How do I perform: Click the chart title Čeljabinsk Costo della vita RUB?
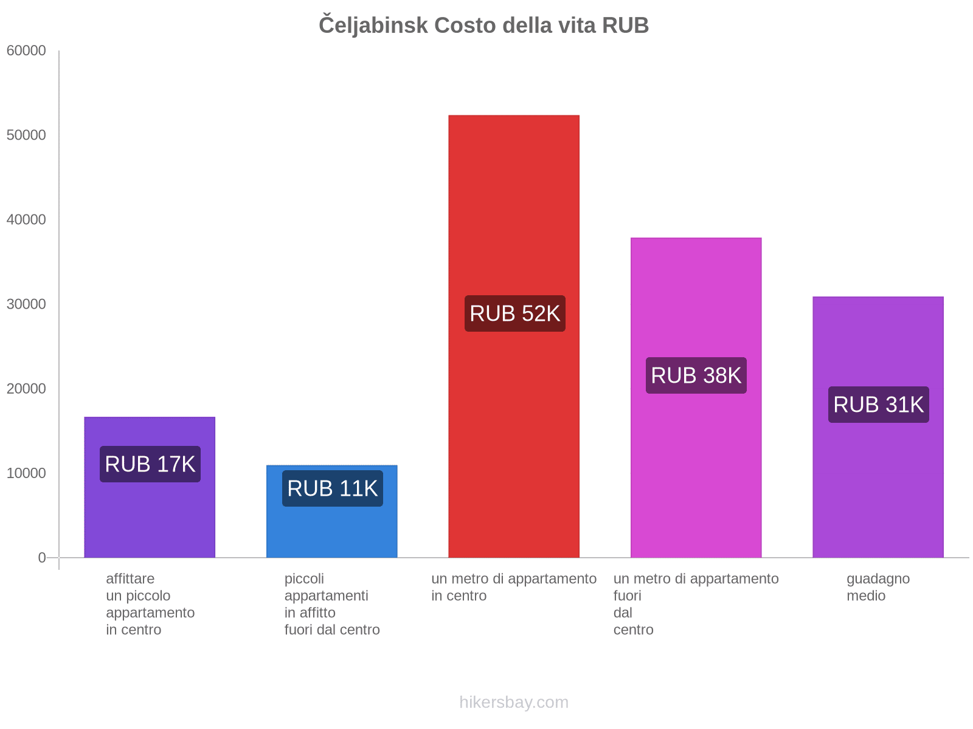pos(483,26)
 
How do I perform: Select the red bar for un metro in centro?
pos(514,213)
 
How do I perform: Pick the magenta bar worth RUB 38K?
pos(696,292)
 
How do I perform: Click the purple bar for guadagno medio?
pos(878,340)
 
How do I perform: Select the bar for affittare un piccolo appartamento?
pos(150,516)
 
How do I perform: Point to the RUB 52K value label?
pos(515,313)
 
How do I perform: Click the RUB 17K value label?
pos(150,464)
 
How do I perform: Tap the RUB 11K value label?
pos(333,488)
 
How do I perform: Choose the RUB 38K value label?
pos(696,375)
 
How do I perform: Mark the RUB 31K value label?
pos(879,405)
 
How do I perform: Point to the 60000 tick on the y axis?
pos(27,51)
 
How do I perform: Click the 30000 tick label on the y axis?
pos(27,304)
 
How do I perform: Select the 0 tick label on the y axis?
pos(42,558)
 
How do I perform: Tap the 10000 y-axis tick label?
pos(27,473)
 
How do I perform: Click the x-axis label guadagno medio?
pos(878,587)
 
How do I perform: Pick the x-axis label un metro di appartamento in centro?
pos(514,587)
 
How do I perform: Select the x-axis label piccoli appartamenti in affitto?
pos(332,604)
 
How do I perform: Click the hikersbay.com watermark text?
pos(514,702)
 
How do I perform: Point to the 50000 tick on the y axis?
pos(27,135)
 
